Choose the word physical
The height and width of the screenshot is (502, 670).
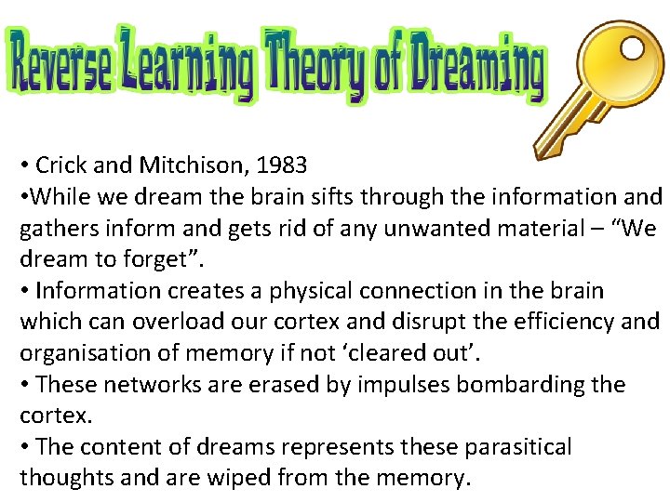[x=303, y=291]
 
